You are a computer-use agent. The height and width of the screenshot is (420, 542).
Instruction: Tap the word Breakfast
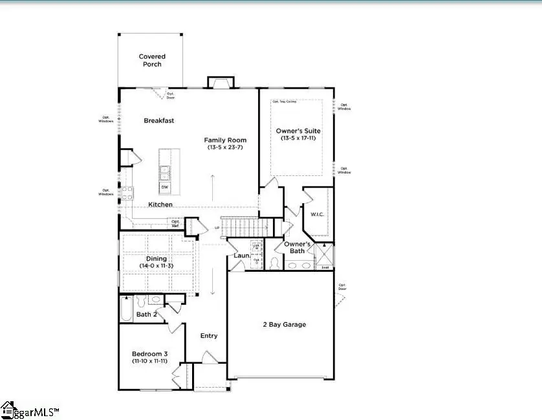pos(158,120)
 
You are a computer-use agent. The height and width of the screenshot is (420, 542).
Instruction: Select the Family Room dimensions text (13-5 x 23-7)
pos(225,148)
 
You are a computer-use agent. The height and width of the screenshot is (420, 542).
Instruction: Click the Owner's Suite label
pos(298,131)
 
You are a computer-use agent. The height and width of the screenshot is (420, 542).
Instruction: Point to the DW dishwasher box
pos(165,187)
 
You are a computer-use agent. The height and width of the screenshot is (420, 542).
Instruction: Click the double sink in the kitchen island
pos(165,172)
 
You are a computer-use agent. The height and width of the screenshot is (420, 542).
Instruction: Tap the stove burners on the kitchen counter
pos(127,192)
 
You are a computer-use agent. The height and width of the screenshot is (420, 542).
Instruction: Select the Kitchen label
pos(160,204)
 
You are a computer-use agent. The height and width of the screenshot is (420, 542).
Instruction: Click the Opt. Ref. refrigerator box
pos(175,223)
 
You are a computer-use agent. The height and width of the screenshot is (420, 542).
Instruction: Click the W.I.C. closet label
pos(317,214)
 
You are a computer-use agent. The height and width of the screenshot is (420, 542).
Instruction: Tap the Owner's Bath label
pos(298,247)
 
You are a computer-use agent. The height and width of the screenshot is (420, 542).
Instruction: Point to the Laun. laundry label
pos(242,256)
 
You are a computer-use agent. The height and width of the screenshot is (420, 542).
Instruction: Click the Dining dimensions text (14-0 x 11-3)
pos(157,267)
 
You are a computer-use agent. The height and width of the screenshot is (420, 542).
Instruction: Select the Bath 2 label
pos(146,315)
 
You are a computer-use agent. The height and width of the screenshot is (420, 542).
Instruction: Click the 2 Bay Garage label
pos(284,324)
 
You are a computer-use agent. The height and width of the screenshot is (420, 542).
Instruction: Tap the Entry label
pos(209,336)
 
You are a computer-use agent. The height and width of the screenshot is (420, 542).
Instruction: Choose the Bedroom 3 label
pos(150,354)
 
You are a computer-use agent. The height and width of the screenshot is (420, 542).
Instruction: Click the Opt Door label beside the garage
pos(342,287)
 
